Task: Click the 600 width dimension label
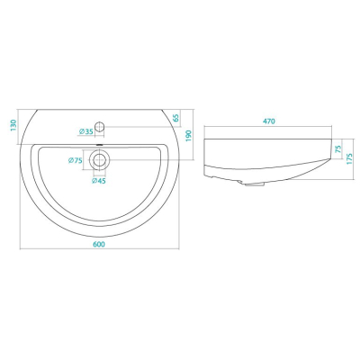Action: pos(99,244)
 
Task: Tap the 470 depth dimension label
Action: pos(269,121)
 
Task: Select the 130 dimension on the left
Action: pos(13,126)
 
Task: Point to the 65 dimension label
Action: pos(176,118)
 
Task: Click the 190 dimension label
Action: pos(189,136)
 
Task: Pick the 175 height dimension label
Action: pos(349,158)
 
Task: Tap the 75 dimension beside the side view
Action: pos(338,149)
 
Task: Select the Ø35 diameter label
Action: pos(86,131)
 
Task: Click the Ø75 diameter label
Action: pos(76,160)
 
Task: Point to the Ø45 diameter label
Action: pos(99,181)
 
